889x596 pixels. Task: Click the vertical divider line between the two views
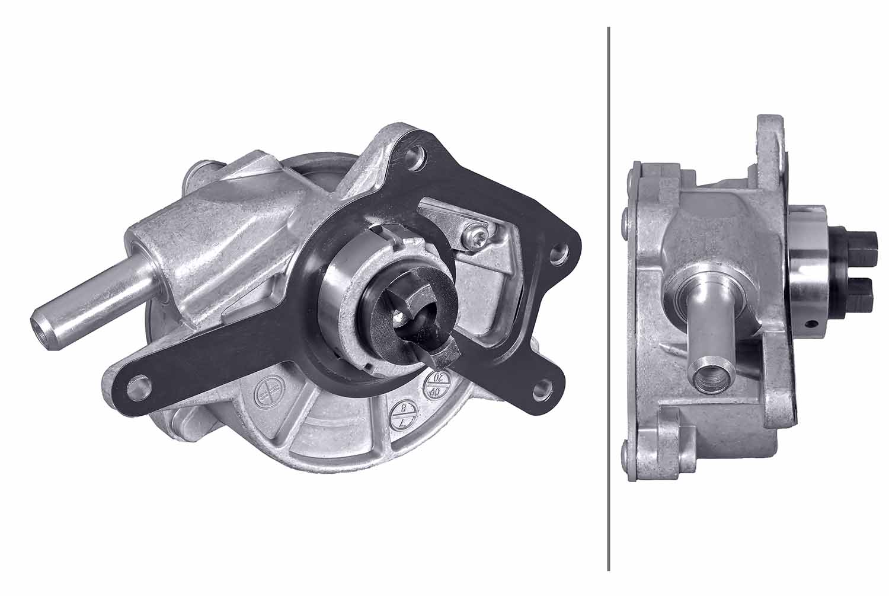609,297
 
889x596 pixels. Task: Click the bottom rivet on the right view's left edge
626,454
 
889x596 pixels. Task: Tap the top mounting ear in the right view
770,142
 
